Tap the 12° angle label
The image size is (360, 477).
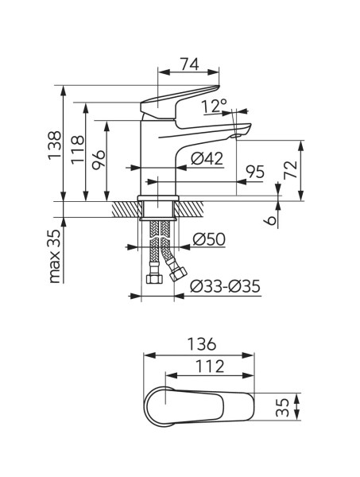point(215,106)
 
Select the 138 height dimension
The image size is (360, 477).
point(56,145)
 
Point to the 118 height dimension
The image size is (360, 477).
point(78,149)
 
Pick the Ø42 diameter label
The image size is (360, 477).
point(207,159)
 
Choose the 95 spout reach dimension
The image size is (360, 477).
point(255,172)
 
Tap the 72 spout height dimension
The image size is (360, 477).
point(290,170)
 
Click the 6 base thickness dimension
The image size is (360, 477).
point(271,220)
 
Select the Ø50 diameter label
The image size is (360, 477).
point(209,239)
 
